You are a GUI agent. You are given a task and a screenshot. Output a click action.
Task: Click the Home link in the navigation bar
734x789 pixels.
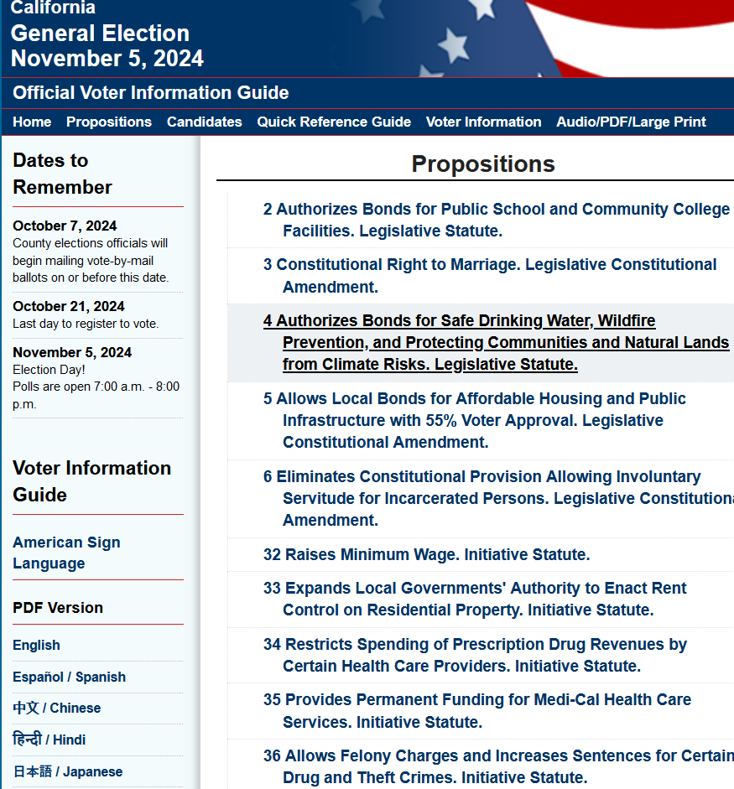click(x=32, y=122)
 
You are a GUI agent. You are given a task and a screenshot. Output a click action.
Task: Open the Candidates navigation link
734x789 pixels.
click(x=204, y=122)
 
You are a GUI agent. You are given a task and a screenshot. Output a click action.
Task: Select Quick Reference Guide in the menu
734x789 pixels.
click(x=334, y=122)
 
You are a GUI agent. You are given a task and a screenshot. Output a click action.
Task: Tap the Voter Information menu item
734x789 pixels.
click(x=483, y=122)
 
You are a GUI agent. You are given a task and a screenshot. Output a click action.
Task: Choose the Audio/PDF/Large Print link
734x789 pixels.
click(x=631, y=122)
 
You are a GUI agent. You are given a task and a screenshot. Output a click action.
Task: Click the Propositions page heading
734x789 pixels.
click(x=482, y=164)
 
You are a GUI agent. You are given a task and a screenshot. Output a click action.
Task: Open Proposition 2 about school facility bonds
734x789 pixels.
click(x=496, y=220)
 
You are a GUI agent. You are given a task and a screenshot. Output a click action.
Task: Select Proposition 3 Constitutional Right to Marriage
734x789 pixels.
click(x=489, y=275)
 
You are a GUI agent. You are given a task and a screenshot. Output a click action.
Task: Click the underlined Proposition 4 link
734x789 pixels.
click(x=496, y=342)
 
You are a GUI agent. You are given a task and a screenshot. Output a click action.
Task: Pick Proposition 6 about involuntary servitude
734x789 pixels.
click(x=496, y=498)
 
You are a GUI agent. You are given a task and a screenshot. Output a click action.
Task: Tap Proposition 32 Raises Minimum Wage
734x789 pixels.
click(x=426, y=554)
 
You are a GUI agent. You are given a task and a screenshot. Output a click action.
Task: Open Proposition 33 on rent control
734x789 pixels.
click(x=475, y=599)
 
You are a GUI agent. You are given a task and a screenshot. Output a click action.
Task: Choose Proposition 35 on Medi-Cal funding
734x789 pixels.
click(x=476, y=710)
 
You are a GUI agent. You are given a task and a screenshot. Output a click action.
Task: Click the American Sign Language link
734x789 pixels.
click(x=66, y=553)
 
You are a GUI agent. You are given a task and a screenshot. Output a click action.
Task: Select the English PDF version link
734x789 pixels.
click(x=36, y=645)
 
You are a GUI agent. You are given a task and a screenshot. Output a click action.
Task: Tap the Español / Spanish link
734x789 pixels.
click(x=69, y=677)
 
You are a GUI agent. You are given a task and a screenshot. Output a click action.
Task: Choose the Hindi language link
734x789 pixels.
click(x=49, y=740)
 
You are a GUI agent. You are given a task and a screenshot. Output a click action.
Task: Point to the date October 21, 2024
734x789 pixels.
click(x=69, y=306)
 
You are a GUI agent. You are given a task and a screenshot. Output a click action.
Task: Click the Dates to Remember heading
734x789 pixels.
click(x=62, y=174)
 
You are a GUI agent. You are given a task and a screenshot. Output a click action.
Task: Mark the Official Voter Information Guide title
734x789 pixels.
click(x=151, y=93)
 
